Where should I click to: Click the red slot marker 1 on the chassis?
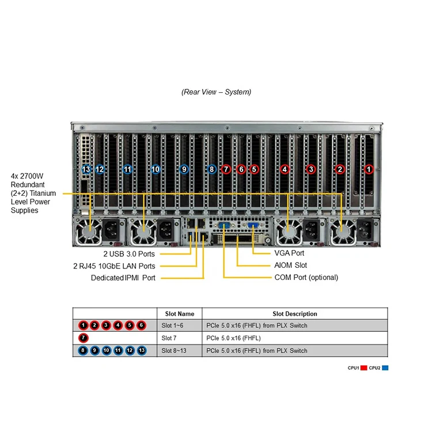point(369,169)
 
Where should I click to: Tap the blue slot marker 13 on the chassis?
point(86,169)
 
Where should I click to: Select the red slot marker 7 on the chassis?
point(226,169)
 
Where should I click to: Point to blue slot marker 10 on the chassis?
point(156,169)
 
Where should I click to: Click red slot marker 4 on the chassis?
point(285,169)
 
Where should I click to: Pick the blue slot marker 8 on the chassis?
point(212,169)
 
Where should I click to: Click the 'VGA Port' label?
point(290,253)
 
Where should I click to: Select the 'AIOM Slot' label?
point(290,265)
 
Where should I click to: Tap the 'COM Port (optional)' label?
point(306,277)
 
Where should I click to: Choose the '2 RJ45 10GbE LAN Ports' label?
point(115,266)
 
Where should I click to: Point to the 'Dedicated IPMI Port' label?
point(123,278)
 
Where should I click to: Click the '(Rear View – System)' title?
point(216,92)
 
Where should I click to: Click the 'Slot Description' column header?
point(294,314)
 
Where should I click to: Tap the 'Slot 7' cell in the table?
point(170,338)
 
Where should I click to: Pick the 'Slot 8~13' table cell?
point(174,351)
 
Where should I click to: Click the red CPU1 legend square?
point(364,367)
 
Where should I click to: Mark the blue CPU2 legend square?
point(385,367)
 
